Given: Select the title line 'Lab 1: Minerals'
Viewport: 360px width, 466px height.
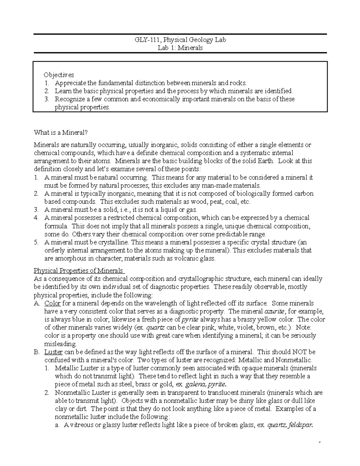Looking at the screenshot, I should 180,48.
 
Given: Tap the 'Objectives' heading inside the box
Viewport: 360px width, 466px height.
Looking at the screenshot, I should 59,75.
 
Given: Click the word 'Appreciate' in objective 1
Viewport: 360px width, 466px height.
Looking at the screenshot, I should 70,83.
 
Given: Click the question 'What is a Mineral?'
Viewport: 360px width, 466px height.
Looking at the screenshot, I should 62,132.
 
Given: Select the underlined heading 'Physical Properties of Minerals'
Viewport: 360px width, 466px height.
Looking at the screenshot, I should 79,270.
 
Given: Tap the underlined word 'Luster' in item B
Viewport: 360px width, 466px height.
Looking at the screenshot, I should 53,352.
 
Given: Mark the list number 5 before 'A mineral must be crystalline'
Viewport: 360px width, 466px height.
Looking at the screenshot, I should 36,242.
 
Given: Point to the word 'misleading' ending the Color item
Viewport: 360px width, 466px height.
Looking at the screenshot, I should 60,344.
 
